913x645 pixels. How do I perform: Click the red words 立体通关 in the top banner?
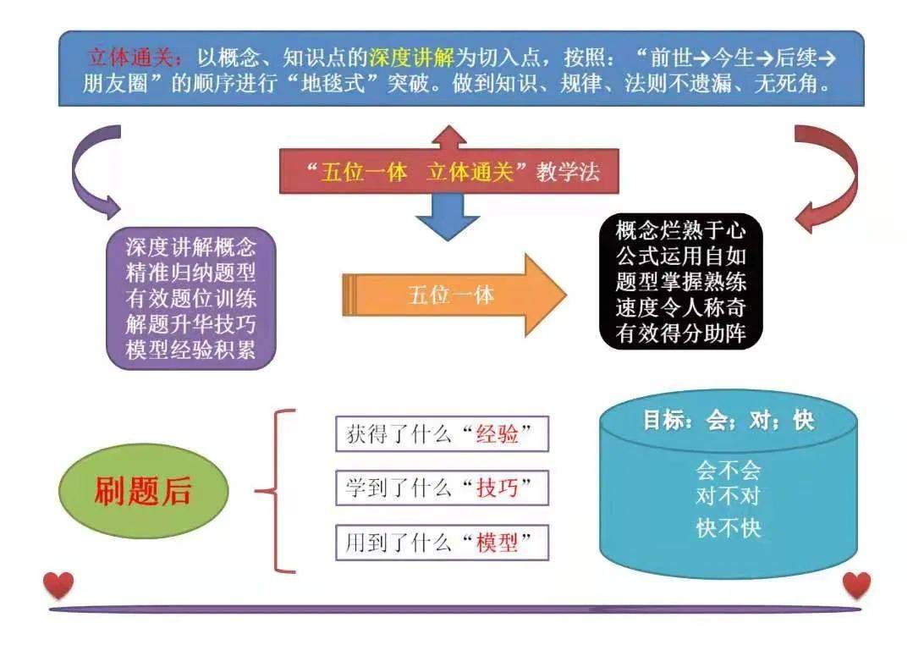(x=130, y=58)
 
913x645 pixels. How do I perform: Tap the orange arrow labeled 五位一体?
(x=454, y=295)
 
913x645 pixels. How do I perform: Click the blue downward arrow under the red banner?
(x=447, y=217)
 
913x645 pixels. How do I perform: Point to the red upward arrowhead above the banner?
(x=448, y=137)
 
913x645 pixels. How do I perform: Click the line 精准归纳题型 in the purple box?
(x=190, y=273)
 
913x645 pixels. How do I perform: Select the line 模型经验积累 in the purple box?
(x=190, y=350)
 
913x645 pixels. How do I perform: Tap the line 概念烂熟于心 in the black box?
(x=680, y=230)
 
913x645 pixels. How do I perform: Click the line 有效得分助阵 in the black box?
(x=680, y=333)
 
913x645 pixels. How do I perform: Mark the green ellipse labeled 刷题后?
(x=143, y=491)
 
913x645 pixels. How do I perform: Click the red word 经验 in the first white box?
(x=497, y=434)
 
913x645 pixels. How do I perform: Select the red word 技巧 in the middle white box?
(x=497, y=487)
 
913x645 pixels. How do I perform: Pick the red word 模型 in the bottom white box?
(x=497, y=543)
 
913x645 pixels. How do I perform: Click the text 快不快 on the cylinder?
(x=729, y=528)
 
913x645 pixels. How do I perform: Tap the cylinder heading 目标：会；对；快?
(x=728, y=420)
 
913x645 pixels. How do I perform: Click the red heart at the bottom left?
(x=58, y=585)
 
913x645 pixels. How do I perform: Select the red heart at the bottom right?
(x=856, y=585)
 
